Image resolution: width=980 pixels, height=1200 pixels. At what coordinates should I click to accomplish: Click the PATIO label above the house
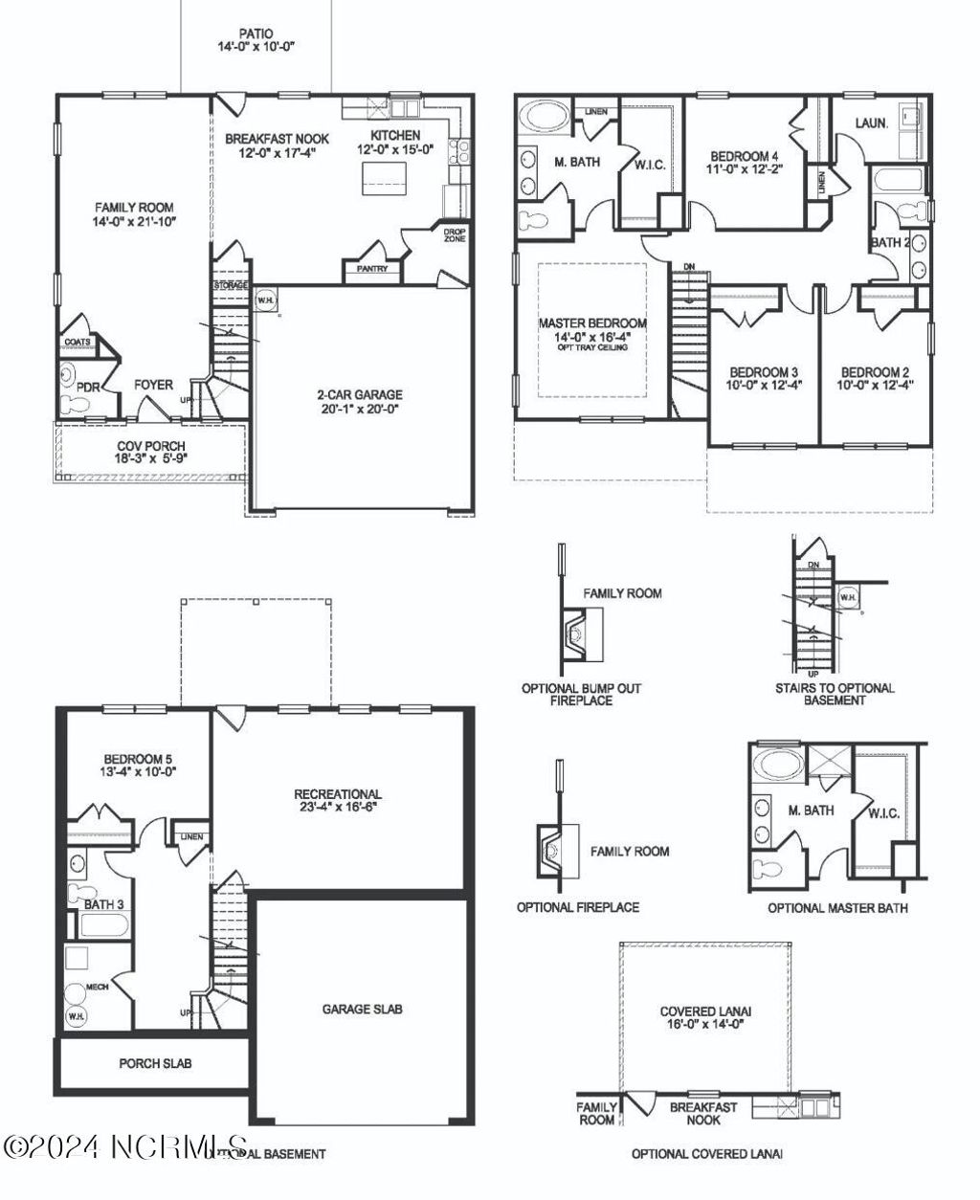click(x=256, y=33)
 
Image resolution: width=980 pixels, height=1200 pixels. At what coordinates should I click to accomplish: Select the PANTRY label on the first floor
click(x=372, y=269)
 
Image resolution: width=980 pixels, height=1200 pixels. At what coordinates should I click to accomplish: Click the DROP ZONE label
click(x=454, y=233)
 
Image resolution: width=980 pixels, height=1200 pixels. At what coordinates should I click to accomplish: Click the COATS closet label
click(x=78, y=342)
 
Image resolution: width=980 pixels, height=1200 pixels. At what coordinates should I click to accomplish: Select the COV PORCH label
click(x=151, y=446)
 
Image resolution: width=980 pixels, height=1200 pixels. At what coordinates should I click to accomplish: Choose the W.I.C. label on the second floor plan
click(x=650, y=165)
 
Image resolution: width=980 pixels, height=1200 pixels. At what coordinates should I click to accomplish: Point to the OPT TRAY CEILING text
click(x=592, y=347)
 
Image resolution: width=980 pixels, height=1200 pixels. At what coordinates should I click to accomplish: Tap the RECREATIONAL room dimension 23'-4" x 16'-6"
click(x=338, y=807)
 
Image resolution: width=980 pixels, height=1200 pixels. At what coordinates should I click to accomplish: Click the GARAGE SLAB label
click(x=362, y=1009)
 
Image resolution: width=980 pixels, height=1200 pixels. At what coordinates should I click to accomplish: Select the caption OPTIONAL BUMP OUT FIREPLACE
click(x=581, y=694)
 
